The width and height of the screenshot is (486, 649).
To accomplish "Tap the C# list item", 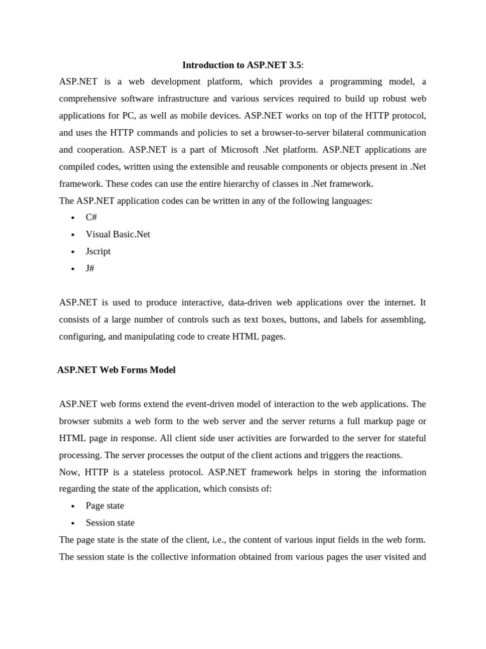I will pos(91,217).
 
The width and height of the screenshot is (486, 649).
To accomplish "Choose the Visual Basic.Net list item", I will pos(118,235).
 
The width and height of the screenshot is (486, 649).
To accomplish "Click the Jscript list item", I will pos(98,252).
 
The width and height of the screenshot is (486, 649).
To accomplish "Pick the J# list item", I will pos(90,269).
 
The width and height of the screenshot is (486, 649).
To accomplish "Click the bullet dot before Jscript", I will pos(73,252).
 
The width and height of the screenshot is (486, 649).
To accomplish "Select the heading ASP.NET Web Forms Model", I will pos(116,370).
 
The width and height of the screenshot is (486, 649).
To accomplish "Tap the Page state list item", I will pos(104,506).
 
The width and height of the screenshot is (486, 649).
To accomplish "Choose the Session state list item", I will pos(110,523).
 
